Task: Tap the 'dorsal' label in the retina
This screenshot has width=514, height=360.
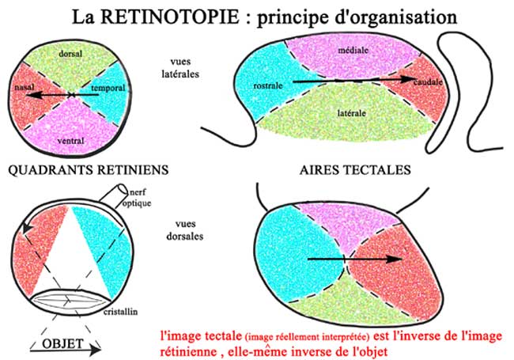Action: [72, 52]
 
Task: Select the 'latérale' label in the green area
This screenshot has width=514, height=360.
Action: [352, 113]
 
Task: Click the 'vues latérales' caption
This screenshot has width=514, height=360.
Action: [184, 66]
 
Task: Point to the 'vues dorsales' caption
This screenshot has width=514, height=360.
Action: [184, 229]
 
